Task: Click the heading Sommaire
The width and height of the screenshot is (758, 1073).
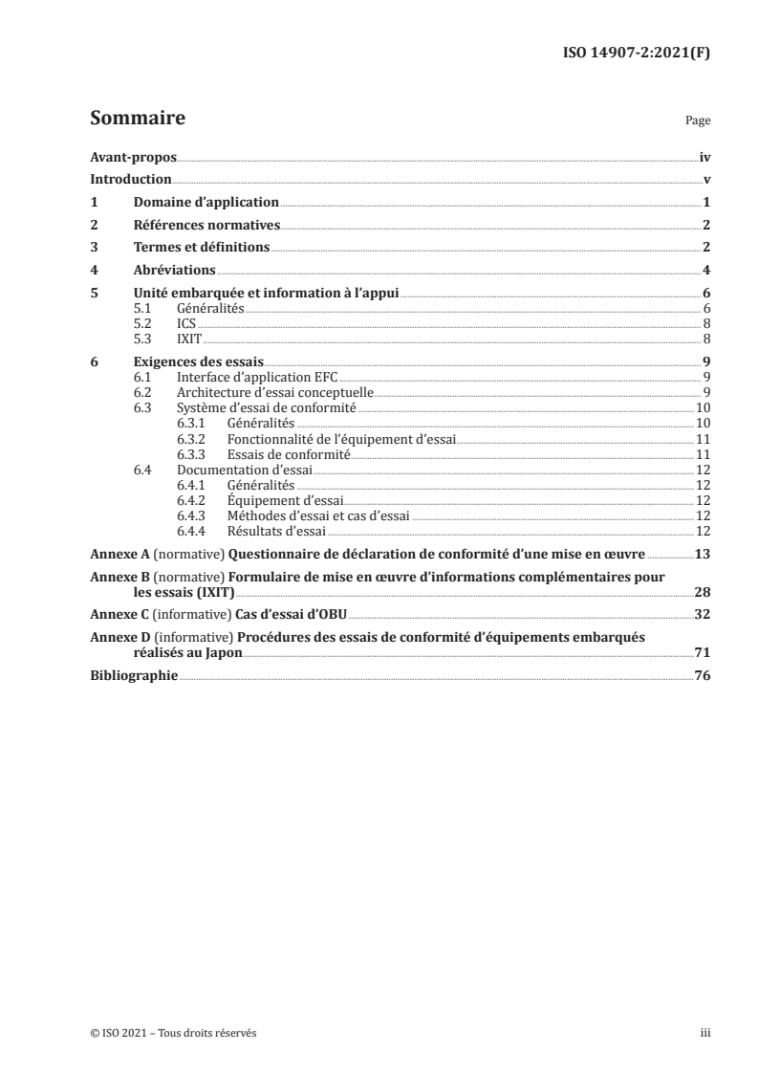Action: pos(138,120)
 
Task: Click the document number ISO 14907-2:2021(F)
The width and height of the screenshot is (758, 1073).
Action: pos(632,54)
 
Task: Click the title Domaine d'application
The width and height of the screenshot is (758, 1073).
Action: pos(206,203)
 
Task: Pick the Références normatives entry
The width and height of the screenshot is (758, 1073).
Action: pos(206,226)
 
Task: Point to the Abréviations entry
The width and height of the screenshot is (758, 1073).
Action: pos(174,271)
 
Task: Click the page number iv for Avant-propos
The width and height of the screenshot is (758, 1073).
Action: pos(704,159)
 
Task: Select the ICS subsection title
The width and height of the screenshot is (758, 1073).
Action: pos(186,324)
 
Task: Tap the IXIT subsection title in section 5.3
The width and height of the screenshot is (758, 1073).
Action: pos(188,339)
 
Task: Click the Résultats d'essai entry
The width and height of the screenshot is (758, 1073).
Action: pos(276,531)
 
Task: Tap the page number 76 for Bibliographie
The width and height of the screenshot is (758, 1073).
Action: pos(703,675)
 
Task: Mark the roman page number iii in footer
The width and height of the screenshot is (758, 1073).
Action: pos(705,1033)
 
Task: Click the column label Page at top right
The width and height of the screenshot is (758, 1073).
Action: pos(698,122)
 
